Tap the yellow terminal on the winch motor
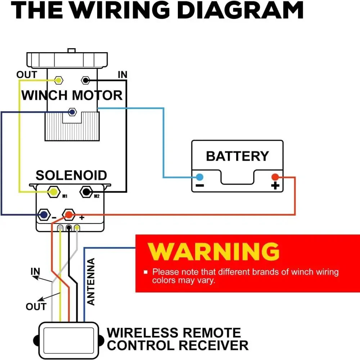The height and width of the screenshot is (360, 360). (58, 80)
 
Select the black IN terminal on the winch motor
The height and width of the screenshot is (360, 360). (86, 80)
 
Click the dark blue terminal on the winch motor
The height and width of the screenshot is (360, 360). (72, 112)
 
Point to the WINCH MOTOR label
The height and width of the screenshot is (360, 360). (72, 95)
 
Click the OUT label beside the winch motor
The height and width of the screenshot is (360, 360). (27, 75)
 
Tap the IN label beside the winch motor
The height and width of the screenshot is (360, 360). (123, 75)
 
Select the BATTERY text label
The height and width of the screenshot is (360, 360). (237, 156)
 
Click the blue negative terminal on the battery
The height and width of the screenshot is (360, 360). (199, 177)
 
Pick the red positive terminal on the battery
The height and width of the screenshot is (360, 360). (275, 177)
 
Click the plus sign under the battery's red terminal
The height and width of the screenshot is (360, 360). (275, 186)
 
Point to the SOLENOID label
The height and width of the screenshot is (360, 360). (71, 175)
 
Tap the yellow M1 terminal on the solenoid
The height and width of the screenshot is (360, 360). (54, 192)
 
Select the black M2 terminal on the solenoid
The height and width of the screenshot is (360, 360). (86, 192)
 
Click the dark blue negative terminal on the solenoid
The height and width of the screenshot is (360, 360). (44, 215)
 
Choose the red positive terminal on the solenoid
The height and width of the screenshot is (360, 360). (68, 215)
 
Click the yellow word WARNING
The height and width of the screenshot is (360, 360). (213, 251)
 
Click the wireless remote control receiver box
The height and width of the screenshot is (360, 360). (68, 339)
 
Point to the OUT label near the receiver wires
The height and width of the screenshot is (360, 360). (36, 306)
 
